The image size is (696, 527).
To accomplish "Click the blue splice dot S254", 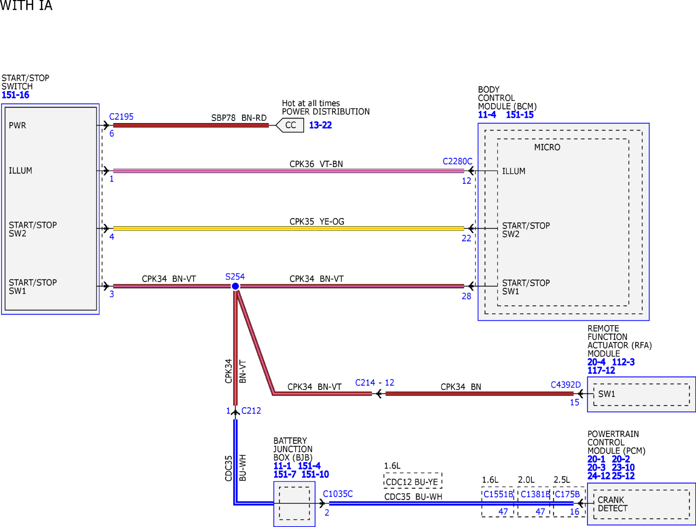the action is [235, 286].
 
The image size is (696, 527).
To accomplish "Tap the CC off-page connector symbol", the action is [290, 125].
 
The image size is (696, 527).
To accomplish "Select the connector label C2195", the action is [121, 117].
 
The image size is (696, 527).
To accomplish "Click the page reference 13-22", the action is [320, 125].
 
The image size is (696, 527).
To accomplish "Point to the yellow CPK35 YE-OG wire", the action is [289, 228].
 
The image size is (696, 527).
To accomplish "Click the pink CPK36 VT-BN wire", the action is [289, 171].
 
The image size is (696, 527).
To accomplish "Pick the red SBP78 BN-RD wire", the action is [191, 125].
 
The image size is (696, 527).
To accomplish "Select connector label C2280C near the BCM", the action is [457, 161].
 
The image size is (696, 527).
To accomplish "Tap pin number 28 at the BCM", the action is [466, 296].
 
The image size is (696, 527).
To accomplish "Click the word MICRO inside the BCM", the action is [547, 147].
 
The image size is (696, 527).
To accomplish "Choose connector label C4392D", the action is [566, 385].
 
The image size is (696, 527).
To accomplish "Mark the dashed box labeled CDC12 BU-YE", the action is [413, 480].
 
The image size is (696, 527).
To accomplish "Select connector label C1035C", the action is [338, 494].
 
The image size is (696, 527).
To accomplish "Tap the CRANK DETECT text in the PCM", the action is [613, 504].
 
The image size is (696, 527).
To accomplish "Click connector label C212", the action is [251, 411].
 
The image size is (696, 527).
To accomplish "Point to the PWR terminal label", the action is [17, 125].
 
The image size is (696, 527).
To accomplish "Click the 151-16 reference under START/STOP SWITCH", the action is [15, 95].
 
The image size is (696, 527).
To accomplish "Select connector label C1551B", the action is [498, 494].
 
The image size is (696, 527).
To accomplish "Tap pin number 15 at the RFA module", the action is [574, 403].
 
